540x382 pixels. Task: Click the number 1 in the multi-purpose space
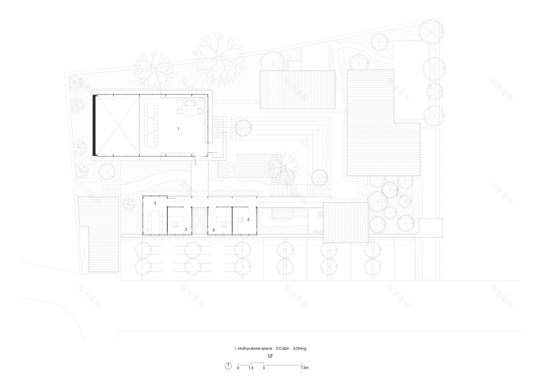178,130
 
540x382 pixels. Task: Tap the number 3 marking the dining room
155,203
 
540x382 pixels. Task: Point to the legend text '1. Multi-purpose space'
253,348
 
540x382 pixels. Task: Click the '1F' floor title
271,356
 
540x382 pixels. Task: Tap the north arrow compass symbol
228,366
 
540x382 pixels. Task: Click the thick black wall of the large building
94,125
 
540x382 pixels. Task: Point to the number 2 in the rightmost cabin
249,219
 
